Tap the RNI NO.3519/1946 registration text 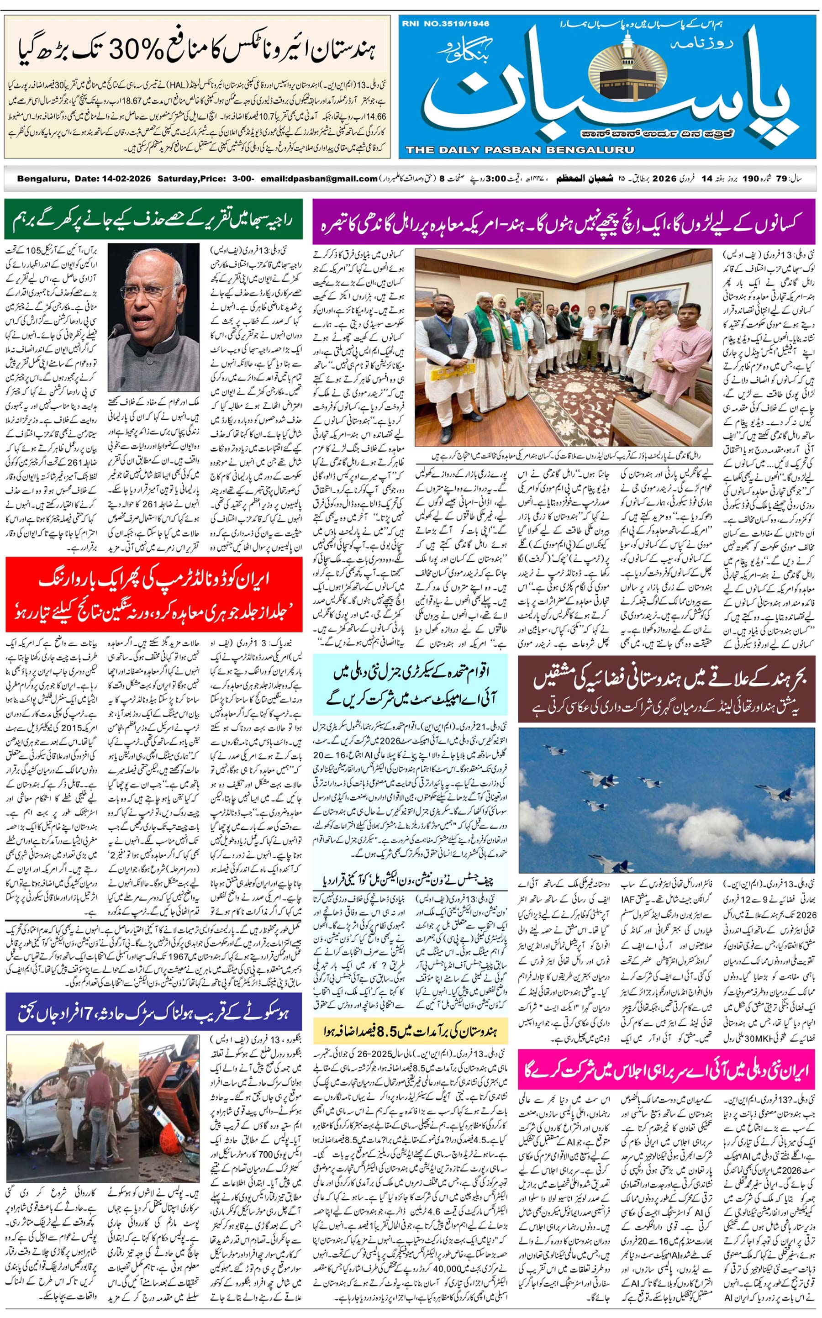pos(446,23)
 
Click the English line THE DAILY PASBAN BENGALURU pos(519,150)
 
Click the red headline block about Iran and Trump pos(153,594)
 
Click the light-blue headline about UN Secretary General pos(411,684)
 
